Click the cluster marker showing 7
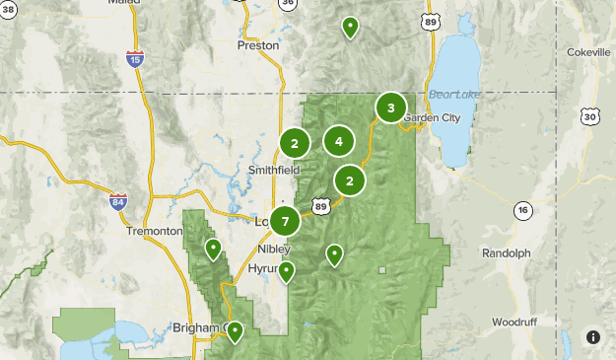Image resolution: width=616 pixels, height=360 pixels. point(285,222)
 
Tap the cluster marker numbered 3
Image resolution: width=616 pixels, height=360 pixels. point(391,108)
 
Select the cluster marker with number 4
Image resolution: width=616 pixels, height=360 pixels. point(338,141)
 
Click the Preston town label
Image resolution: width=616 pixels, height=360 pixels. point(258,44)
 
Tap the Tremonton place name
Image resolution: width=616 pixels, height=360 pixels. point(155,231)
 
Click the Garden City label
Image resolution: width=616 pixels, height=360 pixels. point(432,117)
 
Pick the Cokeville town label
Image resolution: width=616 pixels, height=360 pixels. point(589,51)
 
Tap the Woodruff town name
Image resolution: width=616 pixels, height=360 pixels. point(515,323)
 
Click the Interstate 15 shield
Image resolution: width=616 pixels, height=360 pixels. point(135,60)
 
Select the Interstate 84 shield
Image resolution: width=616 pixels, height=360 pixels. point(118,201)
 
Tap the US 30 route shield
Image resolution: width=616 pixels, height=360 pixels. point(589,116)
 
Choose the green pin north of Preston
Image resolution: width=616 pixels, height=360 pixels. point(350,27)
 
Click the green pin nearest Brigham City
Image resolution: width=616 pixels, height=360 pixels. point(235,331)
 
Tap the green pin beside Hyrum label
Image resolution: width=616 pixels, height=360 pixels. point(286,271)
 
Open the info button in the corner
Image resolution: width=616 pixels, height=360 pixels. point(592,337)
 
